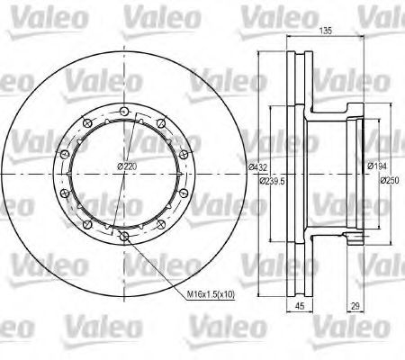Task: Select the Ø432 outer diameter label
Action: (x=259, y=168)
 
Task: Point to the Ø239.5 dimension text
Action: (x=273, y=181)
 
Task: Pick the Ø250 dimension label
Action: (x=390, y=180)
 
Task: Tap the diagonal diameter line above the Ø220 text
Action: (x=135, y=135)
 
